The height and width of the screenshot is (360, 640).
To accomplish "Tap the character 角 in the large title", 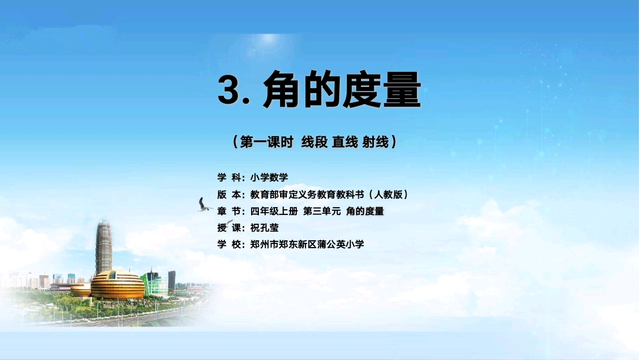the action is click(x=282, y=89).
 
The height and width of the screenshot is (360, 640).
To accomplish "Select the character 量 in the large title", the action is click(x=402, y=89).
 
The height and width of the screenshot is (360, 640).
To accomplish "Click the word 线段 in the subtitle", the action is click(x=314, y=142).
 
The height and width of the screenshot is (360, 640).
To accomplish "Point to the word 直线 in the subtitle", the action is click(x=345, y=142).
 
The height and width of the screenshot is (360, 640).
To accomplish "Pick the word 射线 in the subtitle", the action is click(x=375, y=142).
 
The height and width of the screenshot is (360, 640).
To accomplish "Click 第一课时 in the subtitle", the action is click(x=267, y=142).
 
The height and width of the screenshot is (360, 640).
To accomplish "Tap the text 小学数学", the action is click(x=269, y=178).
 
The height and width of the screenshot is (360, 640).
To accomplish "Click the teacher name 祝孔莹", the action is click(x=264, y=228).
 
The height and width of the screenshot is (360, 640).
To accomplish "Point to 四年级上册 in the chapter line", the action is click(x=274, y=211).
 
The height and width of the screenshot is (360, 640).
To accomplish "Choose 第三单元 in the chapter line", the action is click(x=322, y=211).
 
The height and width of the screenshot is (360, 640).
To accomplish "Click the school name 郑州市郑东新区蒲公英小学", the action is click(x=307, y=244).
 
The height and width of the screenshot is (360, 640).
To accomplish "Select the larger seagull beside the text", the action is click(x=204, y=205).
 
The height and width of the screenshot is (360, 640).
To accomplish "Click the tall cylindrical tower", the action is click(x=104, y=247).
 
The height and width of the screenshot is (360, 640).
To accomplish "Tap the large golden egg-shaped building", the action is click(x=118, y=284).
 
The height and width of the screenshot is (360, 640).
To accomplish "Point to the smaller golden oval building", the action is click(x=81, y=290).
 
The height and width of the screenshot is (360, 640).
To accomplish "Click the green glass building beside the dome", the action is click(x=154, y=283).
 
